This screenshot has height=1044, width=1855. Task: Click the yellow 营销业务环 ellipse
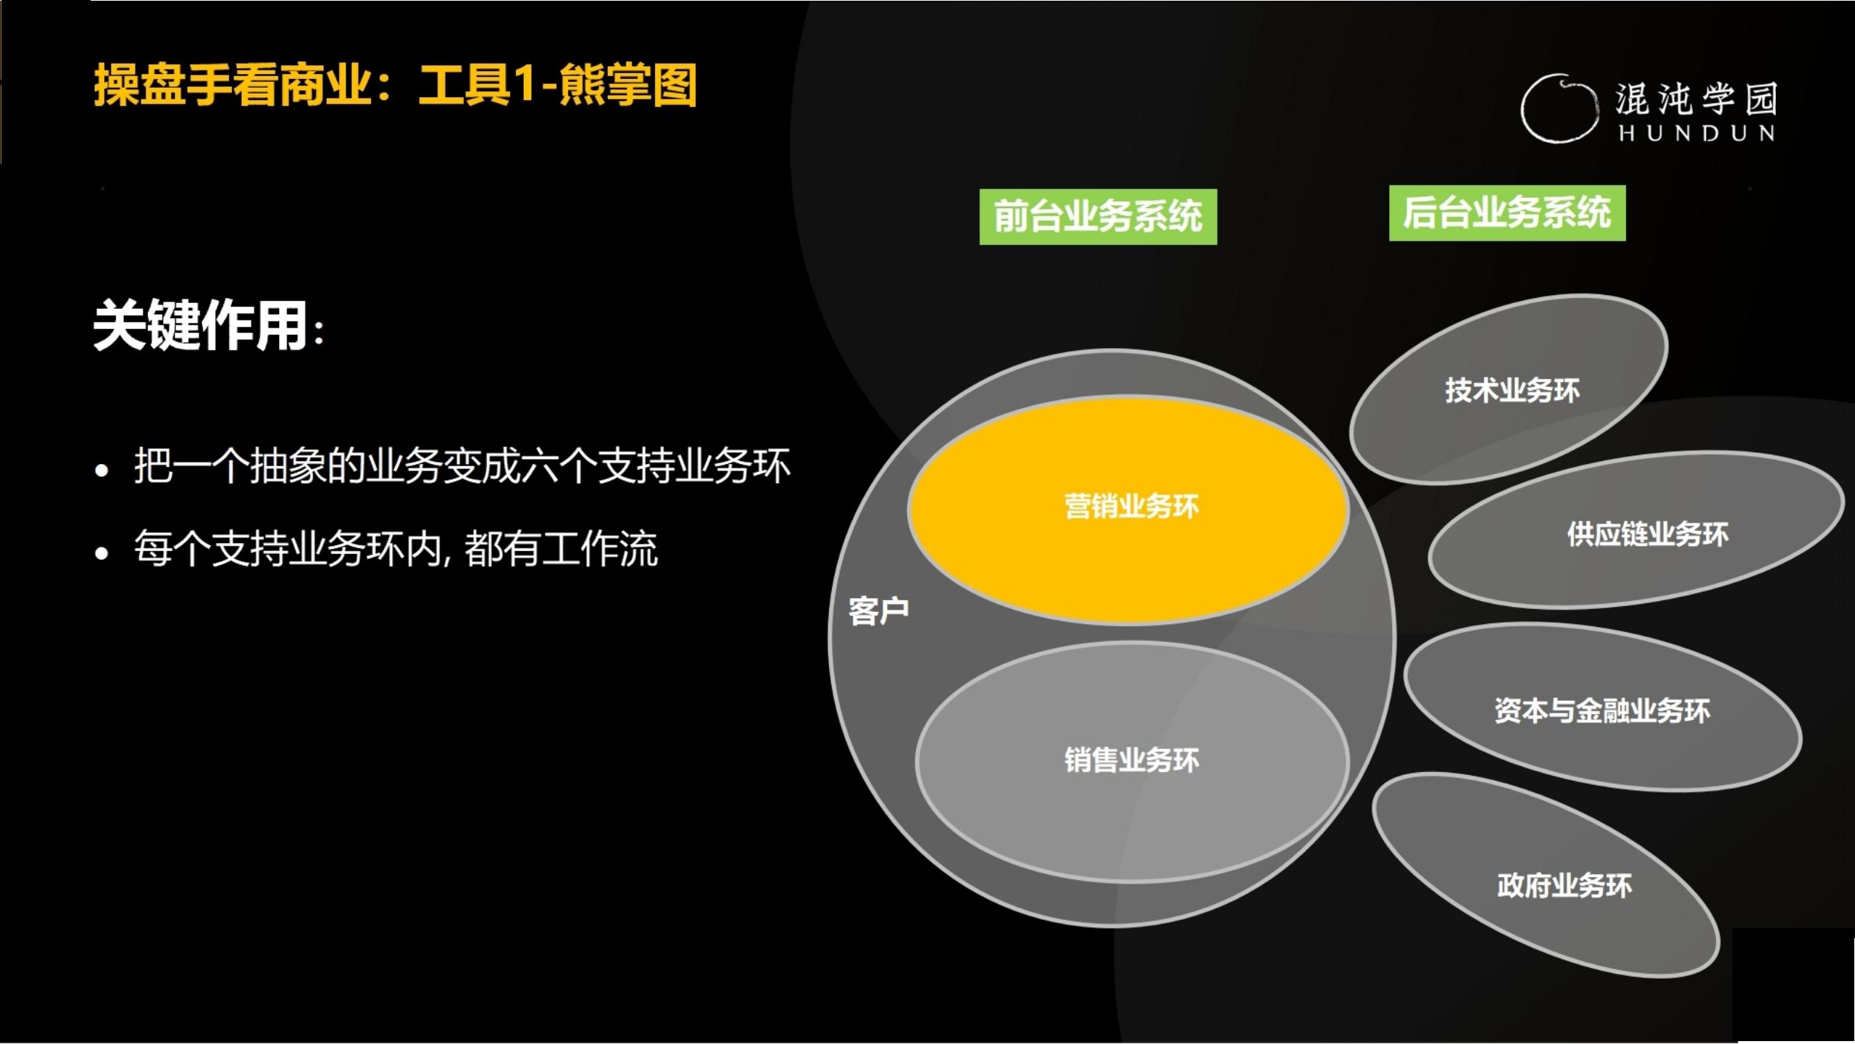(1127, 551)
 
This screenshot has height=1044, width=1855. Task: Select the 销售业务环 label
(1131, 761)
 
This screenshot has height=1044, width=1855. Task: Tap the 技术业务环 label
(1512, 391)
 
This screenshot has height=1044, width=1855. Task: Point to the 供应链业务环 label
(1648, 535)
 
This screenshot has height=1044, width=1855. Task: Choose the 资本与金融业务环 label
(1602, 711)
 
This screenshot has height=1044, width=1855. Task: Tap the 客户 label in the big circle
(878, 611)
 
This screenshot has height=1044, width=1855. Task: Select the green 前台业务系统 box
(1098, 217)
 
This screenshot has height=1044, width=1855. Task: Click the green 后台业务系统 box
(1507, 213)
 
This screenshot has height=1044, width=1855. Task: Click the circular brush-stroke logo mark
(1559, 109)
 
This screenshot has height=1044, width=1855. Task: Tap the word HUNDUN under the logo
(1696, 133)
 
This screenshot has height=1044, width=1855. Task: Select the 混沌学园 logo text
(1696, 99)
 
